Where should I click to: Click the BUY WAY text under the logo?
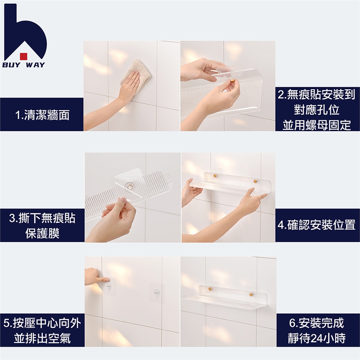tap(24, 65)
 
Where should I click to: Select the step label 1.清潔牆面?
tap(42, 115)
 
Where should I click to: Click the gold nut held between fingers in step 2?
tap(233, 81)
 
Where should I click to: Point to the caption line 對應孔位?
tap(316, 110)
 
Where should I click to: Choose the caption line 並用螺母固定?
tap(316, 125)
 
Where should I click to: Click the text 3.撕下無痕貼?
tap(42, 218)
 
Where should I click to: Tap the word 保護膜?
tap(42, 233)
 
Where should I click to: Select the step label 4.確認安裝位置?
tap(316, 225)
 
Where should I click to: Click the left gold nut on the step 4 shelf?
tap(215, 175)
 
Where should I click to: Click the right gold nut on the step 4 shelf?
tap(255, 181)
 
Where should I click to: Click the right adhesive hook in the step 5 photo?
tap(157, 293)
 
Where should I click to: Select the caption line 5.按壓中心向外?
tap(42, 323)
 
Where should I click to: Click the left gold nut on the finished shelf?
tap(210, 288)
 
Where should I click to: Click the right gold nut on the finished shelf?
tap(251, 294)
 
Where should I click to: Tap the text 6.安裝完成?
tap(316, 323)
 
